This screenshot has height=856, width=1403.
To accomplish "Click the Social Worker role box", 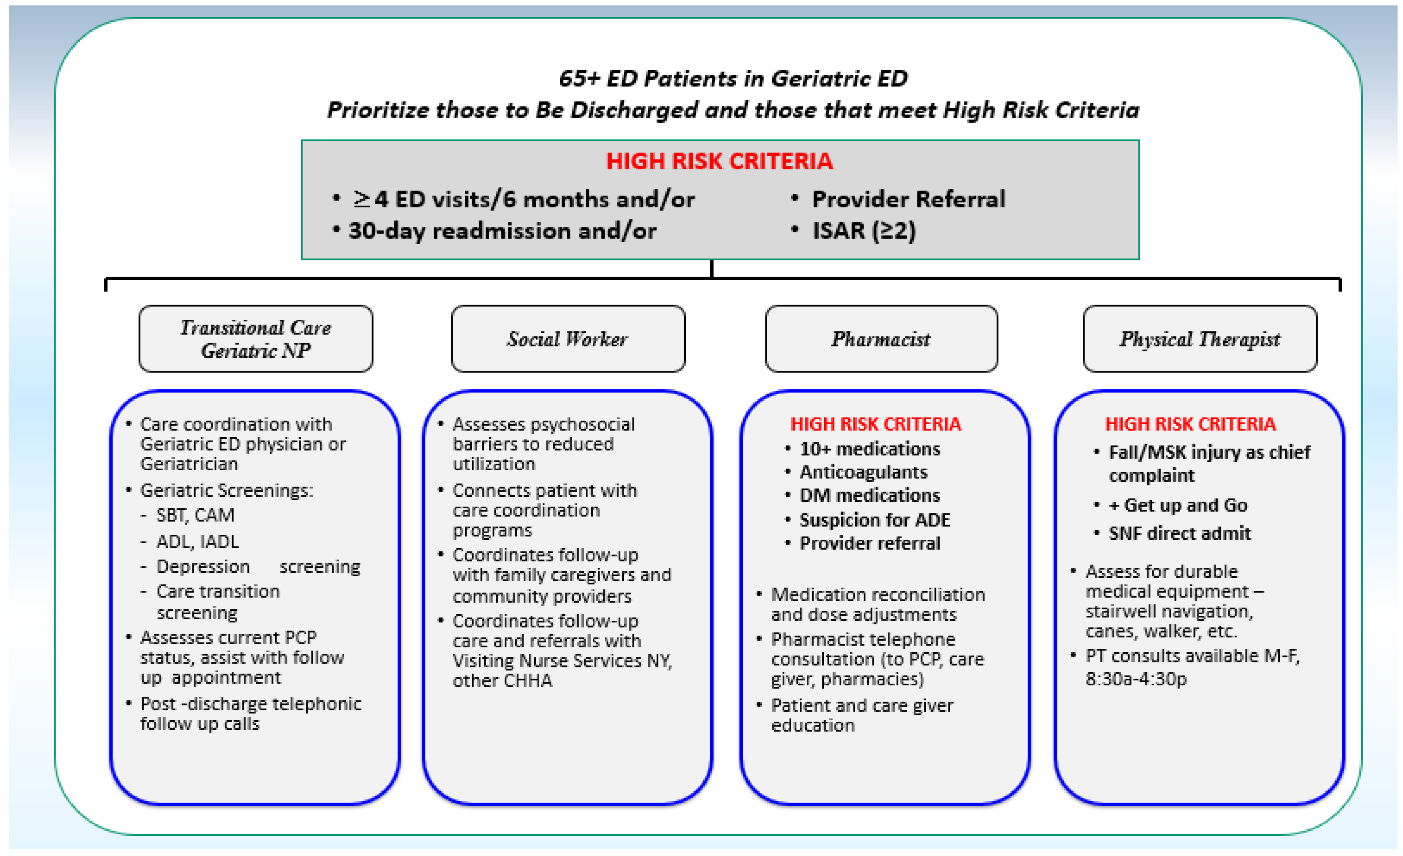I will (568, 339).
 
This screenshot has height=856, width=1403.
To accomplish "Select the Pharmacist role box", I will (881, 339).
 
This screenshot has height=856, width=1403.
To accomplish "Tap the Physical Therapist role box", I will (1200, 339).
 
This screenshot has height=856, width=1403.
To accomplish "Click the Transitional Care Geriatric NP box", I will (256, 339).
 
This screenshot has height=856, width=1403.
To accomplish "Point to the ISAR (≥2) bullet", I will (863, 230).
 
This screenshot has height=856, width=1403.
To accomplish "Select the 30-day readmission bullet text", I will (502, 230).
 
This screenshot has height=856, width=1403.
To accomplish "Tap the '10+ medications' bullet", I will (870, 449).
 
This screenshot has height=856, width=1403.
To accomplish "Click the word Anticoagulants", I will (863, 472).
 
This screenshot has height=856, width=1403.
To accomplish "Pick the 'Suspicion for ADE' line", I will (875, 520).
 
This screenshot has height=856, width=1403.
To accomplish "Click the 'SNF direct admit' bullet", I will (1179, 533).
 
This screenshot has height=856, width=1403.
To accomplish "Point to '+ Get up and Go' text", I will (1178, 505).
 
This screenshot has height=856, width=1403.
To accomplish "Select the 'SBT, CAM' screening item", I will (195, 515).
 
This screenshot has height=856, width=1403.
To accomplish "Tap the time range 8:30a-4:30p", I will (1136, 679).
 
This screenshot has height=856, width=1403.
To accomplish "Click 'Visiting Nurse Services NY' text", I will (561, 661).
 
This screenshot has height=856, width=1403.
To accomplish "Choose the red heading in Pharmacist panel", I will (875, 424).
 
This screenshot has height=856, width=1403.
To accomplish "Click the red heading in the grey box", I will (719, 161).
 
